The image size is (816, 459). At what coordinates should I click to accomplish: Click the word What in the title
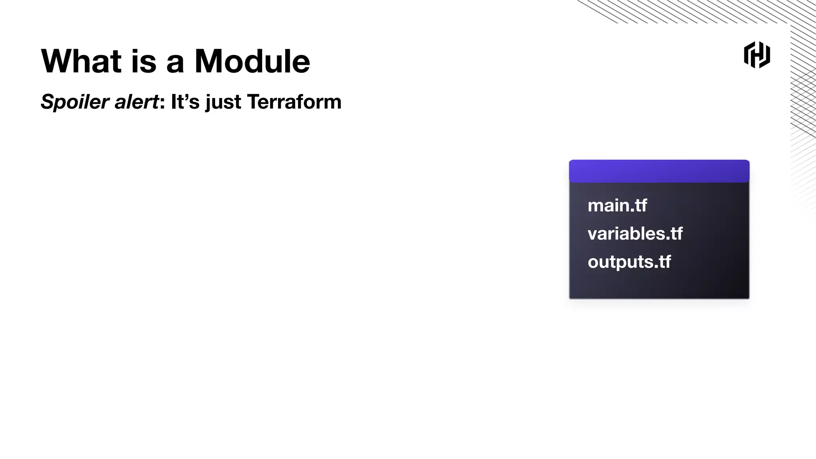(x=81, y=61)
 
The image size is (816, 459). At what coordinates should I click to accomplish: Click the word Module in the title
(x=252, y=61)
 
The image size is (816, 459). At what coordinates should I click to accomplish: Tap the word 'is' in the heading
(x=143, y=62)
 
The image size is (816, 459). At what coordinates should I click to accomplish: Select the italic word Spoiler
(x=75, y=102)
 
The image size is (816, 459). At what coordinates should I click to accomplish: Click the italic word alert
(x=137, y=102)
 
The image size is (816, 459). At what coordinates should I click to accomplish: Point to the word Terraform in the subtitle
(x=294, y=102)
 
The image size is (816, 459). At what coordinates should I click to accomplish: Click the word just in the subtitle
(x=224, y=102)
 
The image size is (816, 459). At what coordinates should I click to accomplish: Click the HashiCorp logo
(x=757, y=55)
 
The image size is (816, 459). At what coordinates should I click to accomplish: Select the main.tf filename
(x=617, y=206)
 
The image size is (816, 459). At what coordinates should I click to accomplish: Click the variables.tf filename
(x=635, y=233)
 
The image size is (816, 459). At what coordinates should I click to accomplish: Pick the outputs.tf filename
(x=629, y=262)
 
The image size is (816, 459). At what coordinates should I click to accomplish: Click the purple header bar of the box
(x=659, y=171)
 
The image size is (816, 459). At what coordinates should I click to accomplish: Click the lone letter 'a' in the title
(x=175, y=64)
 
